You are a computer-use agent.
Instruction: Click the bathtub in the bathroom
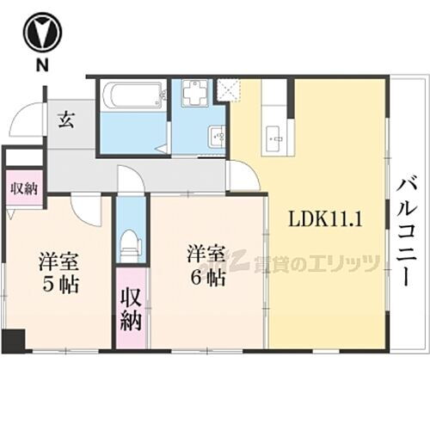click(132, 96)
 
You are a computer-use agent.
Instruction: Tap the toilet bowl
click(131, 243)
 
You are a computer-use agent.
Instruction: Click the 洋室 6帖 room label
click(207, 267)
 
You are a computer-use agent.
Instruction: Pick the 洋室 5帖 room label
click(58, 271)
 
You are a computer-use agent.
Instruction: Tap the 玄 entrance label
click(65, 120)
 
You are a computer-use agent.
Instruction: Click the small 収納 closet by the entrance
click(23, 187)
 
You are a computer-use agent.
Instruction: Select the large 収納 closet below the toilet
click(131, 310)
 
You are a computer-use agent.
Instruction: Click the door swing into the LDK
click(243, 176)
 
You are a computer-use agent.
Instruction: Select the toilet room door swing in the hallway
click(132, 181)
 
